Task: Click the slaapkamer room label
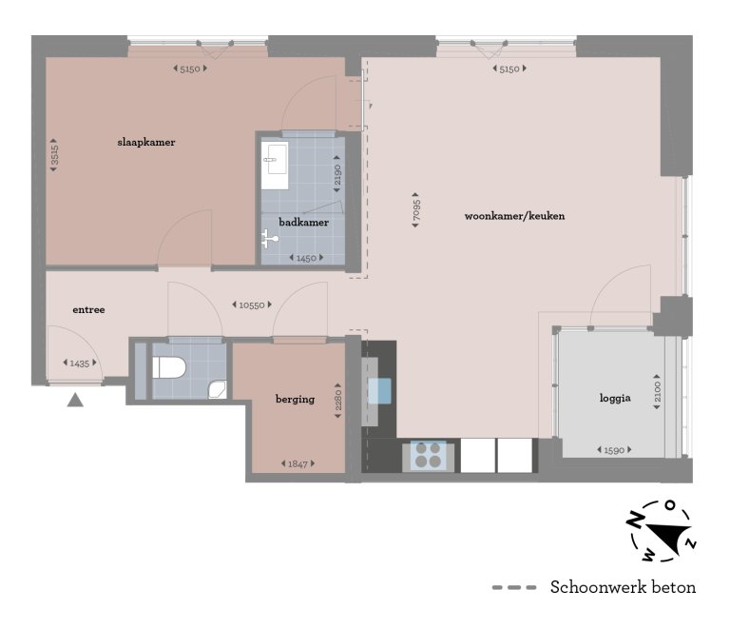(145, 142)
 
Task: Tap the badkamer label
(304, 223)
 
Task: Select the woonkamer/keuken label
(514, 216)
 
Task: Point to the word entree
(88, 310)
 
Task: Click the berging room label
(295, 399)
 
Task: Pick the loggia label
(615, 399)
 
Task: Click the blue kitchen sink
(379, 391)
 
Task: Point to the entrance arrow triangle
(75, 400)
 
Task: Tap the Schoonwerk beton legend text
(623, 587)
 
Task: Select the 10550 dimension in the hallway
(252, 305)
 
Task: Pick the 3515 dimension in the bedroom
(55, 156)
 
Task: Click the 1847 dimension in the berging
(298, 463)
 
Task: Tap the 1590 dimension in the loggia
(615, 450)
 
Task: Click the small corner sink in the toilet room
(218, 388)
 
